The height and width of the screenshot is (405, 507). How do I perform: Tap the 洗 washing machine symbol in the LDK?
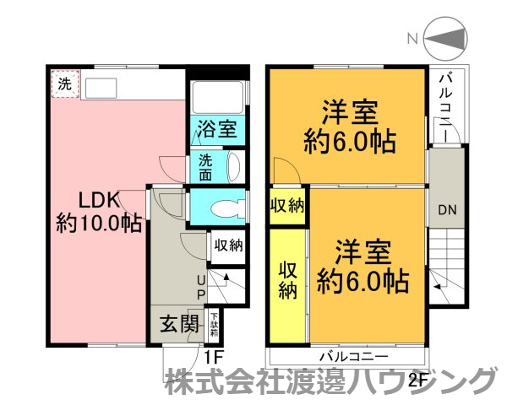pos(64,84)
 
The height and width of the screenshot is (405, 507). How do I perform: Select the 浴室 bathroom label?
pos(217,129)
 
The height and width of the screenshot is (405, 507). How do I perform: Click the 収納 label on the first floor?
pos(227,246)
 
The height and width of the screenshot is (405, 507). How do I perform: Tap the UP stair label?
pos(201,288)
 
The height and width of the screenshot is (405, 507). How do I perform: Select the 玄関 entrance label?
pos(180,323)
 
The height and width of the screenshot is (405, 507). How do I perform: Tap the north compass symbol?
pos(449,38)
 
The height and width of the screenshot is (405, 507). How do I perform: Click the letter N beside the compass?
pos(412,38)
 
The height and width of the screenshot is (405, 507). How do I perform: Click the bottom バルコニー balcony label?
pos(353,354)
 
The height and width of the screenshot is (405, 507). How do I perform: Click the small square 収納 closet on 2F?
pos(288,207)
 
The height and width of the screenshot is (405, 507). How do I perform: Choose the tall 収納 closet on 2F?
pos(288,279)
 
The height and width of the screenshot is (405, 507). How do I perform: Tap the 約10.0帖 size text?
pos(98,224)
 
